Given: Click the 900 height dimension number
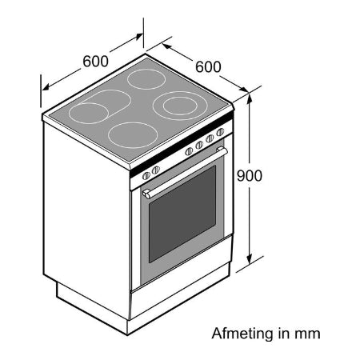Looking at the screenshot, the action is point(250,175).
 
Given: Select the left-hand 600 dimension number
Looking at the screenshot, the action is point(95,61).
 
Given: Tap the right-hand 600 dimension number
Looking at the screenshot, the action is point(208,66).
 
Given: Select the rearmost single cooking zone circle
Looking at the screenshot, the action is point(146,79).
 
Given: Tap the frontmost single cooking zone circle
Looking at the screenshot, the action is point(133,135).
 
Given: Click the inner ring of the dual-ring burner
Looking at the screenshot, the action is point(180,106).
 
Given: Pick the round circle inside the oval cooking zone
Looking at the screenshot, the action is point(89,113).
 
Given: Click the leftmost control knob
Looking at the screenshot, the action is point(146,175).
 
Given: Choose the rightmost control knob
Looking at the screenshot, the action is point(220,132).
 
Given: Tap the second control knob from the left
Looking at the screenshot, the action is point(155,170).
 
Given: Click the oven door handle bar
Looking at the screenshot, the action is point(185,173).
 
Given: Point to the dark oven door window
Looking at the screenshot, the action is point(182,214).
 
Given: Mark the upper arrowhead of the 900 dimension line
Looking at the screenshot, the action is point(250,99).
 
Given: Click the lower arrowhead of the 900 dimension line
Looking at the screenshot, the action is point(250,259).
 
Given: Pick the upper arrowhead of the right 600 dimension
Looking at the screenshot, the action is point(166,46).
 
